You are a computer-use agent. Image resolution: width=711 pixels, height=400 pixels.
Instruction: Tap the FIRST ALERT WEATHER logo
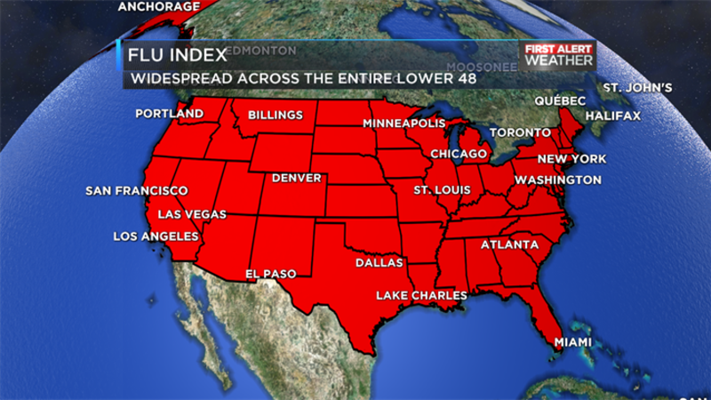[559, 54]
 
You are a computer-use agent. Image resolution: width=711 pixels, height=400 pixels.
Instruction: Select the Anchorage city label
[159, 7]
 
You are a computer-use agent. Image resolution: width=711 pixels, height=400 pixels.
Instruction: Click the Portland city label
[170, 114]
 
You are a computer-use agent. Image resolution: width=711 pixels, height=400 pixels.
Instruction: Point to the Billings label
[276, 115]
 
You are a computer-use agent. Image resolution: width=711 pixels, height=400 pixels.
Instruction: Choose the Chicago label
[459, 154]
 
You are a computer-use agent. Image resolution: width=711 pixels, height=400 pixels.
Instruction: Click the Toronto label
[521, 132]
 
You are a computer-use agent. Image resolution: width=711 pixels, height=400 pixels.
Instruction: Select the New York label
[571, 159]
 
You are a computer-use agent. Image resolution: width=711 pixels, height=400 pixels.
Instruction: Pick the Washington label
[558, 180]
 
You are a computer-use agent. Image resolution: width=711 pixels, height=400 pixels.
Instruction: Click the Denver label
[297, 178]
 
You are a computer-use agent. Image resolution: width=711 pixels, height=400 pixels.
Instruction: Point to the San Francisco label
[137, 191]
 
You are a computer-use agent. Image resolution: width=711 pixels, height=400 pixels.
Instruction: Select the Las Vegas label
[191, 214]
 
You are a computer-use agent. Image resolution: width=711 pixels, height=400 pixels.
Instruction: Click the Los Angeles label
[156, 236]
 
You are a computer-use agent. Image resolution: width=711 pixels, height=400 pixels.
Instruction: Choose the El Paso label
[271, 274]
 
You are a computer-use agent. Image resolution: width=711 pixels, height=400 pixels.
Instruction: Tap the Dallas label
[379, 263]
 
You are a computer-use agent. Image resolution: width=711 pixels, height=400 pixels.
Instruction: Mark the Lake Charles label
[421, 295]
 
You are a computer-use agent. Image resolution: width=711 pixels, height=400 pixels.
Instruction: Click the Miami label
[572, 342]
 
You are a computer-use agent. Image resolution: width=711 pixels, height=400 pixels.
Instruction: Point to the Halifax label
[612, 116]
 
